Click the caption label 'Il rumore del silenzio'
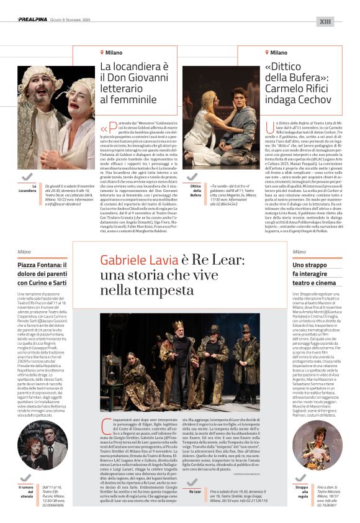[27, 491]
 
